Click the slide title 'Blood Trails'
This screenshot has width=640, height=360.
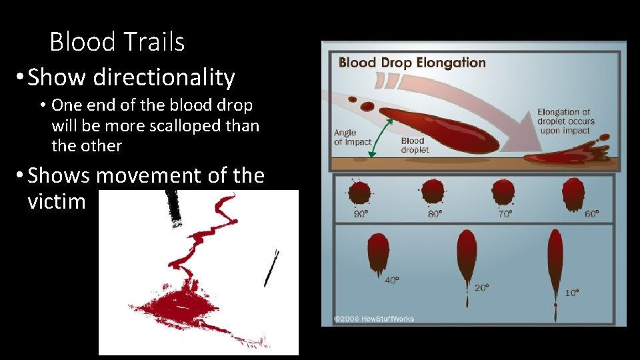coord(117,42)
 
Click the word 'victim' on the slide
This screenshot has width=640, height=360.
coord(57,201)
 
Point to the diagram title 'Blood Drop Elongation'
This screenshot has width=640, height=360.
coord(412,63)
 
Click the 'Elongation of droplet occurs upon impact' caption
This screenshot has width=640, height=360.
coord(565,121)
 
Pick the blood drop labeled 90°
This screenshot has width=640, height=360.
coord(360,193)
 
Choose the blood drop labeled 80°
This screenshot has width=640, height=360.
coord(433,192)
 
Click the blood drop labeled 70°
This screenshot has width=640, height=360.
coord(503,192)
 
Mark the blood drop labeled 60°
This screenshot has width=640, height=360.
coord(573,193)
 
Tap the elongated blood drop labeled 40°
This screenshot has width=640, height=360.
coord(378,252)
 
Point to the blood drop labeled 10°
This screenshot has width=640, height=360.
coord(555,260)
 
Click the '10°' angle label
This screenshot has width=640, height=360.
coord(571,292)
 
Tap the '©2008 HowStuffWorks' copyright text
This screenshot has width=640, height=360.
coord(374,319)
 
